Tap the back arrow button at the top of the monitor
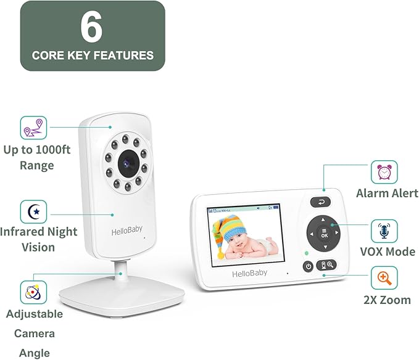point(320,201)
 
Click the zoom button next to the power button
point(326,265)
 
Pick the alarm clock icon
point(383,172)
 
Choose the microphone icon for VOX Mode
point(383,231)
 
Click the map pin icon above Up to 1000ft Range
point(33,128)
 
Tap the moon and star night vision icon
point(33,211)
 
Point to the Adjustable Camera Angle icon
point(33,292)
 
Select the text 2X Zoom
point(388,300)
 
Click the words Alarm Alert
point(387,194)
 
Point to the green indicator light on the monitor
point(305,253)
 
